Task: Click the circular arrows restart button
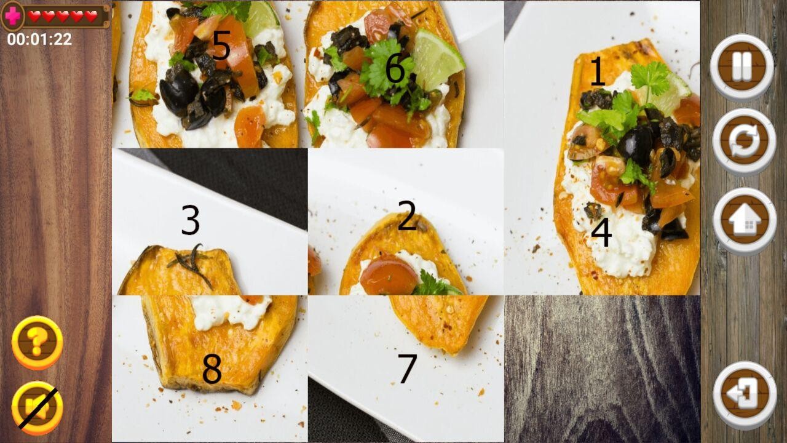pyautogui.click(x=744, y=142)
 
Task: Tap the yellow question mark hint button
pyautogui.click(x=38, y=341)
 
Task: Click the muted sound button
pyautogui.click(x=38, y=407)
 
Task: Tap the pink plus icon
pyautogui.click(x=13, y=16)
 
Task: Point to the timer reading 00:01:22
pyautogui.click(x=39, y=39)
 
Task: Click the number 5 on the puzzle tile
pyautogui.click(x=221, y=46)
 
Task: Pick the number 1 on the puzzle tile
pyautogui.click(x=598, y=71)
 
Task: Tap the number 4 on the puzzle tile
pyautogui.click(x=601, y=232)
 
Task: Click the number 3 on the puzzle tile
pyautogui.click(x=191, y=220)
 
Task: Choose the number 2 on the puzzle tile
pyautogui.click(x=407, y=215)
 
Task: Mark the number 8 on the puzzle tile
pyautogui.click(x=212, y=369)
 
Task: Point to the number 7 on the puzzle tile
pyautogui.click(x=408, y=368)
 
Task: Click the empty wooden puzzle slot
pyautogui.click(x=602, y=369)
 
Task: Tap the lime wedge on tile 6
pyautogui.click(x=437, y=58)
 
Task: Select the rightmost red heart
pyautogui.click(x=91, y=16)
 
